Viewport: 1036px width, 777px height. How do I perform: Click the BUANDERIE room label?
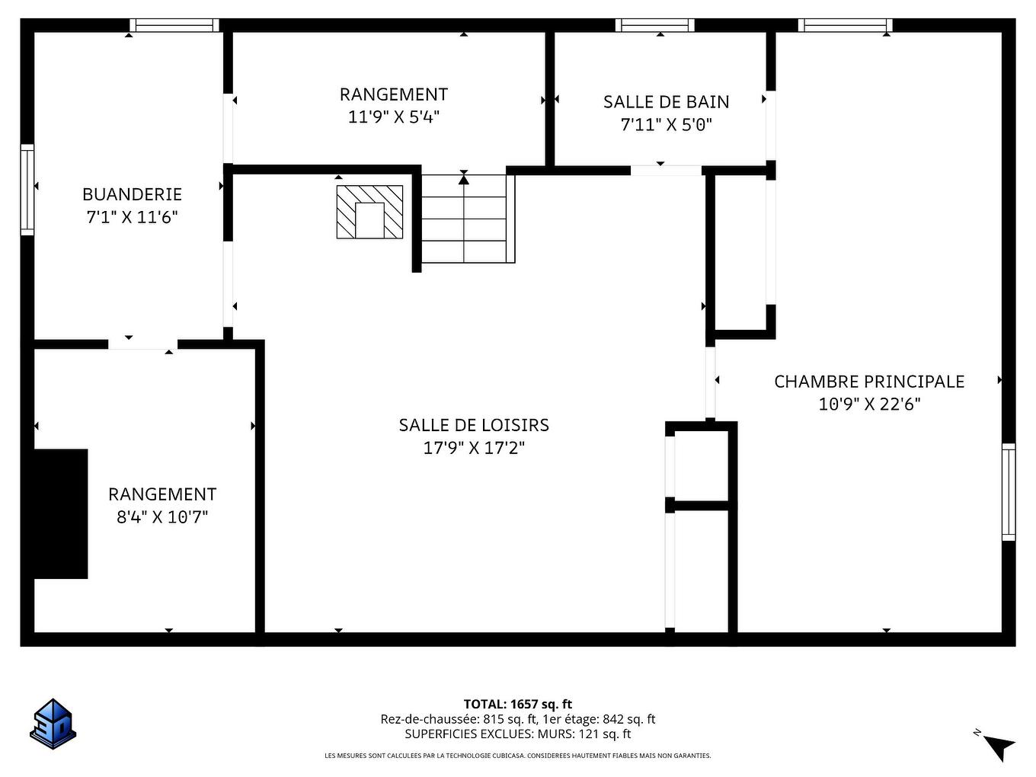pyautogui.click(x=132, y=194)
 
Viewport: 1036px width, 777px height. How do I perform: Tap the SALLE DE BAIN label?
pyautogui.click(x=666, y=102)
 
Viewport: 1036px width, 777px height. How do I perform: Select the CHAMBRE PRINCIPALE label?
pyautogui.click(x=869, y=382)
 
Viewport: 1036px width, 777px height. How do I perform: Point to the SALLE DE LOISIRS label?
pyautogui.click(x=474, y=425)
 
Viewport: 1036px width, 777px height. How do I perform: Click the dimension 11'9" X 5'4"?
pyautogui.click(x=394, y=117)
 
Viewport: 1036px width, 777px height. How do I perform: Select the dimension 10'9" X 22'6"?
pyautogui.click(x=869, y=404)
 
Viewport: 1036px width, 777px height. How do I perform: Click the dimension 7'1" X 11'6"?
pyautogui.click(x=132, y=217)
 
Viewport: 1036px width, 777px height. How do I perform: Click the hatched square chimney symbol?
pyautogui.click(x=369, y=212)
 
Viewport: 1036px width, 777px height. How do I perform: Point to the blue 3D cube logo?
pyautogui.click(x=53, y=723)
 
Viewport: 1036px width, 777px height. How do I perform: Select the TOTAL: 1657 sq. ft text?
pyautogui.click(x=517, y=704)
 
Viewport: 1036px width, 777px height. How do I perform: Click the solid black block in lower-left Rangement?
pyautogui.click(x=61, y=513)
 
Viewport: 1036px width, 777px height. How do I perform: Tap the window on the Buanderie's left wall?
pyautogui.click(x=27, y=189)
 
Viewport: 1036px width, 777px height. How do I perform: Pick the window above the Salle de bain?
pyautogui.click(x=655, y=25)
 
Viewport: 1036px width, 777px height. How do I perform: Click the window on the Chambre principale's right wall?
pyautogui.click(x=1008, y=491)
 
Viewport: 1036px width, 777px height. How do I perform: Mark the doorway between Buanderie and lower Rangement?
pyautogui.click(x=142, y=344)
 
